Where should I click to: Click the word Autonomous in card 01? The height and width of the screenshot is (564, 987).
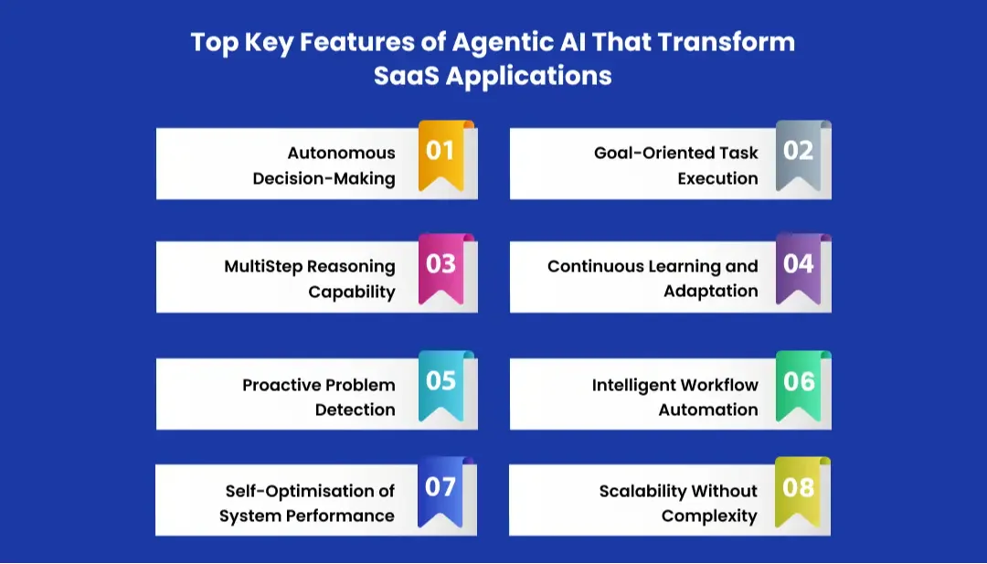341,153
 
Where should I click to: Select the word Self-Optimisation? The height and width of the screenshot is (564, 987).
287,491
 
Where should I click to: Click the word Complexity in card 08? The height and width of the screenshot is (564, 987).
709,516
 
